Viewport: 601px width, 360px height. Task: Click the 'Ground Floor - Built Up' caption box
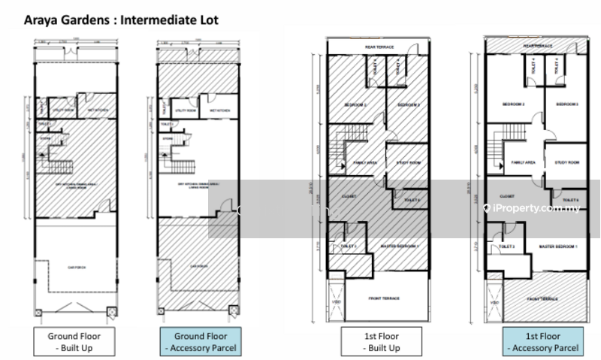click(x=74, y=341)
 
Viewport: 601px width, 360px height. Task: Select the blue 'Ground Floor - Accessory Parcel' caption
click(x=200, y=341)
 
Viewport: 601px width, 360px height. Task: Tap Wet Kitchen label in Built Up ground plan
click(x=98, y=110)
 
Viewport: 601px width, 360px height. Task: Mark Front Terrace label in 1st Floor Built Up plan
click(x=384, y=298)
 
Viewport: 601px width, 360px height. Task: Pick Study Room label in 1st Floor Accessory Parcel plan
click(x=566, y=162)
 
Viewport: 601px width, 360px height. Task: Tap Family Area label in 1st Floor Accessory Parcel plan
click(x=523, y=162)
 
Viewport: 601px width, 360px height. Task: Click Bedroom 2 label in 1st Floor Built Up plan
click(x=355, y=104)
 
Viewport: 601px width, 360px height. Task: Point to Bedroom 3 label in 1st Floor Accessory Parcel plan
click(x=567, y=104)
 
